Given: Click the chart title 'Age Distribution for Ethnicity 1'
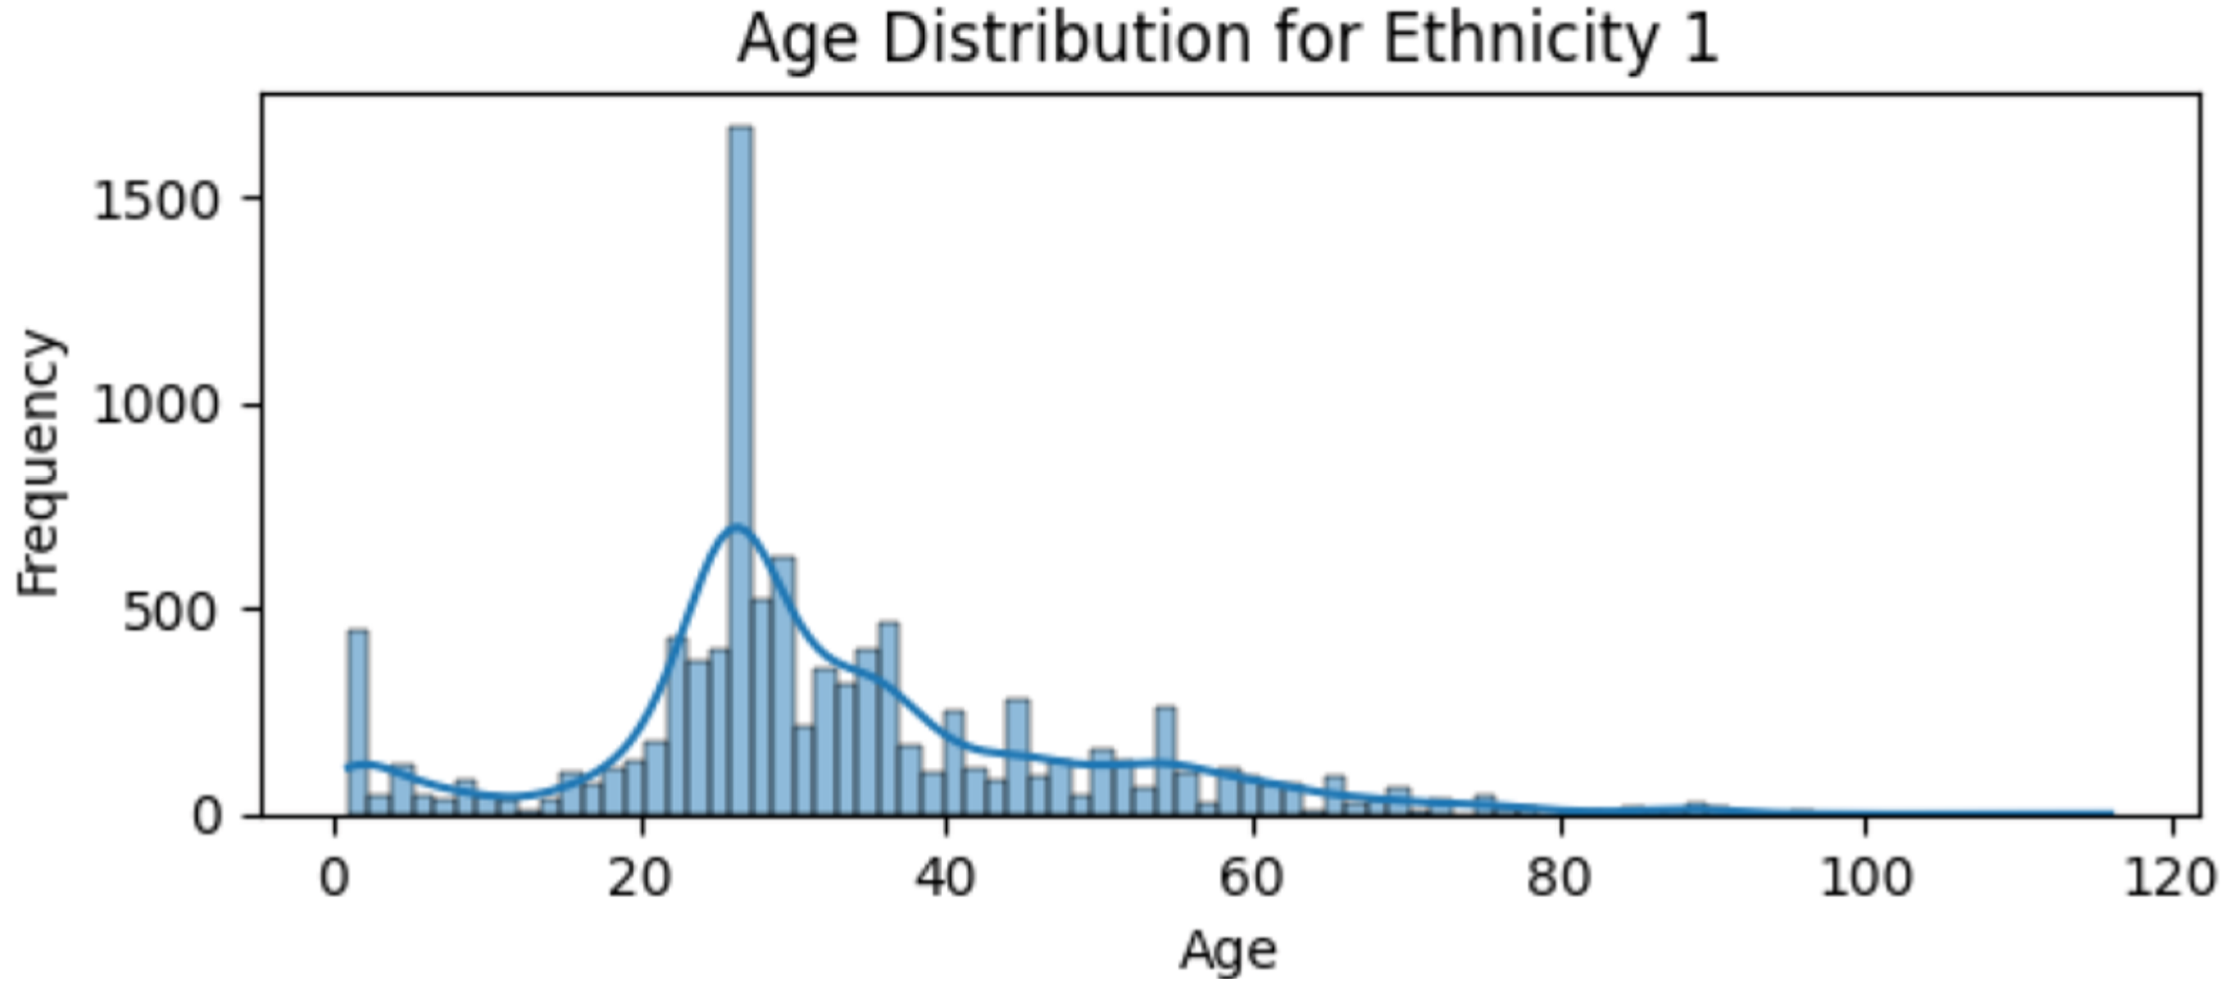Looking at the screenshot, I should coord(1227,40).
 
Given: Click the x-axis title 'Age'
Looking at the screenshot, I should coord(1227,951).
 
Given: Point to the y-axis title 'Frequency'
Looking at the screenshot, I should coord(40,465).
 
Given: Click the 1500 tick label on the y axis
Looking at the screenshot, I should coord(156,201).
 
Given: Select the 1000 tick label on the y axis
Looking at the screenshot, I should coord(156,405).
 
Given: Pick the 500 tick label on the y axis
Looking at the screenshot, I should coord(170,612).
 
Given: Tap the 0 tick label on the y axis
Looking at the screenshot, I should coord(206,816).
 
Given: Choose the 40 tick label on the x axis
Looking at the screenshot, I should coord(945,878).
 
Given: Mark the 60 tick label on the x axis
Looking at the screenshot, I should coord(1251,878).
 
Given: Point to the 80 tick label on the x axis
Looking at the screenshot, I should coord(1559,878).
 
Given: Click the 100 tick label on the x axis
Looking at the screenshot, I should coord(1865,878).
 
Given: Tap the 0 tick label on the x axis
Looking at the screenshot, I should coord(334,878).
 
